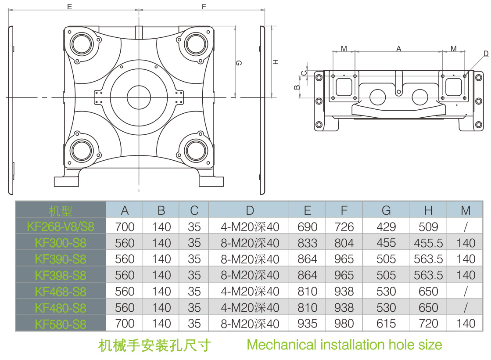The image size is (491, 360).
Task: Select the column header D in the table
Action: tap(250, 210)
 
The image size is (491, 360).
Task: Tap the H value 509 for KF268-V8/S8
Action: tap(428, 227)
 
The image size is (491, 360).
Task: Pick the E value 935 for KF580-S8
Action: tap(307, 324)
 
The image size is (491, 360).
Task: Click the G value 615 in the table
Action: tap(386, 324)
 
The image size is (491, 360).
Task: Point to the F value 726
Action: tap(344, 227)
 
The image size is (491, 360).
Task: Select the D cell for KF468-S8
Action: tap(250, 292)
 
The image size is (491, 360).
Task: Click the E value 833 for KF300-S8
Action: tap(307, 243)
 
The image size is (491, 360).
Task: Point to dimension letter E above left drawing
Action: tap(69, 7)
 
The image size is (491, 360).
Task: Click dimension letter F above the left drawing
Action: tap(204, 7)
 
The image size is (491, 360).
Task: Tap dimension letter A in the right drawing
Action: tap(398, 49)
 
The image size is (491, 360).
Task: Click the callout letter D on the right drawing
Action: tap(486, 54)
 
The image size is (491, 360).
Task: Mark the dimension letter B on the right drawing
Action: tap(297, 87)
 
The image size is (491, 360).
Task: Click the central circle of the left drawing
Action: tap(139, 95)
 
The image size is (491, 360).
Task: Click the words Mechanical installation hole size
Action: tap(344, 344)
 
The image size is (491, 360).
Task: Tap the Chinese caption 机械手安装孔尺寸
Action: tap(154, 345)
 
